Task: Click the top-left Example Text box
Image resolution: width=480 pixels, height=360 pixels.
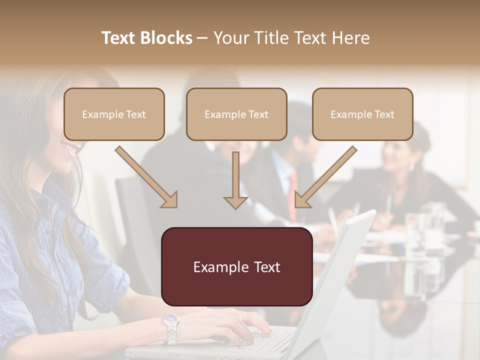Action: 114,114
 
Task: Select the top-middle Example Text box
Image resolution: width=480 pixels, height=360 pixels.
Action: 236,114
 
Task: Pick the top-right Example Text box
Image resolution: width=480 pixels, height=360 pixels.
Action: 362,114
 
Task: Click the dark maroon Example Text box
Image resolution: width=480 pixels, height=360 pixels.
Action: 236,266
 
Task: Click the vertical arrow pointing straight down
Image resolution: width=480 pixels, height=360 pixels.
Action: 235,180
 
